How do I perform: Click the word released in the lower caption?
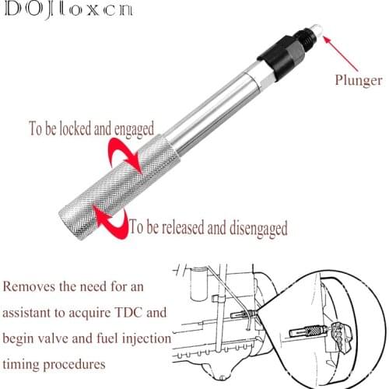(186, 229)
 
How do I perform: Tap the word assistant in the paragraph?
(39, 313)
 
